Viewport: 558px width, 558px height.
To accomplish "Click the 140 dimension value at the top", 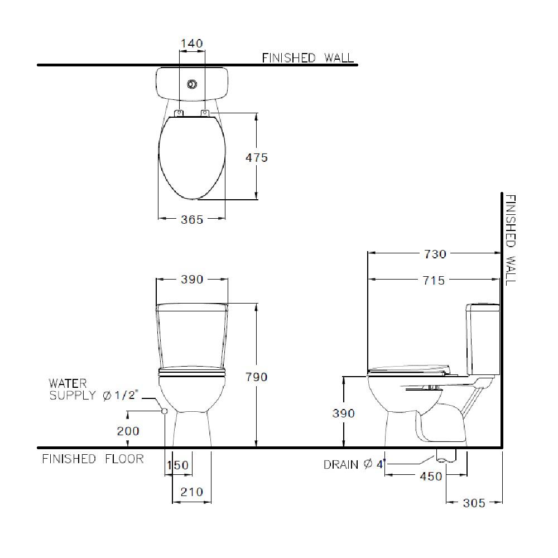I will click(191, 44).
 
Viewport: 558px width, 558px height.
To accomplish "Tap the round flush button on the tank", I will click(192, 84).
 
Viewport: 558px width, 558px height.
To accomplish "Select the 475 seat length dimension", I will click(257, 157).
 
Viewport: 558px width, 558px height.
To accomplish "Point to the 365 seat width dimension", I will click(192, 219).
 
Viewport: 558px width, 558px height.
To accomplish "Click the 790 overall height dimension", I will click(257, 377).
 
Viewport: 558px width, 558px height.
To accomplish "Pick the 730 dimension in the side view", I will click(435, 254).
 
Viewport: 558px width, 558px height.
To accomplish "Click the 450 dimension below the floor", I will click(431, 477).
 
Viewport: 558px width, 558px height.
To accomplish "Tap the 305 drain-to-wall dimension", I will click(474, 503).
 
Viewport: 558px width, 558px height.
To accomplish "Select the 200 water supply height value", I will click(128, 431).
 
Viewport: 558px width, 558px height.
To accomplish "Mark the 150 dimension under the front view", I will click(179, 465).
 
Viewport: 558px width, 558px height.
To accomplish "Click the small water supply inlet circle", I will click(164, 411).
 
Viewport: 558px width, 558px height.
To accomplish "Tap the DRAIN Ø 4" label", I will click(354, 464).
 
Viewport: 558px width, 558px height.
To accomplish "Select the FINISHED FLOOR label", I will click(93, 459).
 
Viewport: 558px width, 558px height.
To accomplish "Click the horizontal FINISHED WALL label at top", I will click(307, 57).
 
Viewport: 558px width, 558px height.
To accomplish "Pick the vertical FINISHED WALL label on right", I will click(510, 240).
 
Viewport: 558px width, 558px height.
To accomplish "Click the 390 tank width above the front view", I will click(192, 280).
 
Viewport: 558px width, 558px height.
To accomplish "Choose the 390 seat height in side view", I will click(344, 413).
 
